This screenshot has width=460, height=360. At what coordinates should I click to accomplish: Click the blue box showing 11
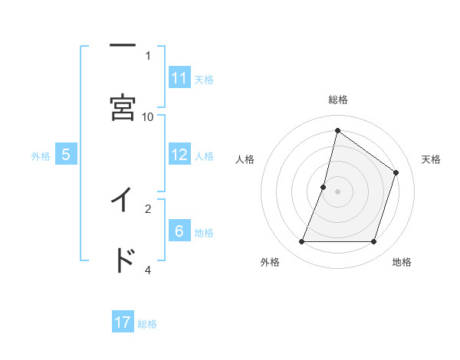(179, 78)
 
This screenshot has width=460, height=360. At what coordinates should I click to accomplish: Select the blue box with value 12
(179, 155)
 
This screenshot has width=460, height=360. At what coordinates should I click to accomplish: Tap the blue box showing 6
(179, 231)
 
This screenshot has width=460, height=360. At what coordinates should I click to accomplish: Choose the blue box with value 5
(66, 155)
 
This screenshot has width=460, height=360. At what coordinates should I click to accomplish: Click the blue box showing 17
(123, 322)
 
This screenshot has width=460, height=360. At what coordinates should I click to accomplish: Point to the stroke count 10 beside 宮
(148, 116)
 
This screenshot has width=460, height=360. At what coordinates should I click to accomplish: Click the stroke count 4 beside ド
(148, 270)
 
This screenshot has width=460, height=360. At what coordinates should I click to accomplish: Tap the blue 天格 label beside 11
(204, 79)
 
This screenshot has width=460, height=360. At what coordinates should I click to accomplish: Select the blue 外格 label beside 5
(41, 155)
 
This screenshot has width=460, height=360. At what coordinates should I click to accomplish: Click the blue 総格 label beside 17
(147, 323)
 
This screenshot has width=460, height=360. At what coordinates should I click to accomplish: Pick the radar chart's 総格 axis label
(337, 100)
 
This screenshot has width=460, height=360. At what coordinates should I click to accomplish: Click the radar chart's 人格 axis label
(245, 159)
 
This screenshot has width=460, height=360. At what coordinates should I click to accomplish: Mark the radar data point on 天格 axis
(396, 172)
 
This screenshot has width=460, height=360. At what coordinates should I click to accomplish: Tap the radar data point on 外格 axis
(301, 241)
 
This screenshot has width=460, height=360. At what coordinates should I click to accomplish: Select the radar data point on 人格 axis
(324, 187)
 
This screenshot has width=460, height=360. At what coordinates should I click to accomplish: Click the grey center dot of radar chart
(337, 191)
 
